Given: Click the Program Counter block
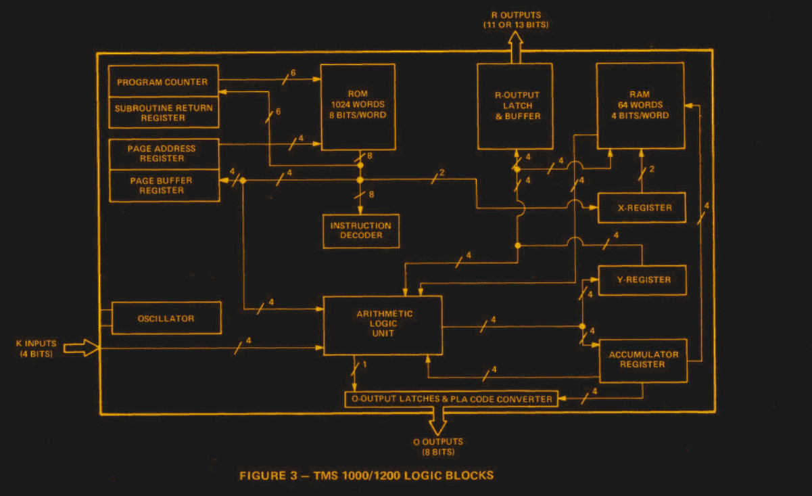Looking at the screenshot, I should [163, 81].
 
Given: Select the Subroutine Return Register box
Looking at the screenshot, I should [163, 112].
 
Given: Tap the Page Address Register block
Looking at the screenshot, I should [163, 153].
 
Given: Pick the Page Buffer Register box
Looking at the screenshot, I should [163, 185].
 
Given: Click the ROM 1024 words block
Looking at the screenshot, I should [358, 106].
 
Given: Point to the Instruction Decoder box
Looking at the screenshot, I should [360, 231].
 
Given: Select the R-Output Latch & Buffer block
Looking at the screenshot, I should [515, 106].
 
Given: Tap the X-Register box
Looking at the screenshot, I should [642, 208].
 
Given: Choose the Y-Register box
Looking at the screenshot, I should [642, 279].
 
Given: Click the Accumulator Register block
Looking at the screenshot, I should [643, 359].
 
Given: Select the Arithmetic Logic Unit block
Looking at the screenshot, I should [383, 326].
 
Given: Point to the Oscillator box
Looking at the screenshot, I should [166, 318].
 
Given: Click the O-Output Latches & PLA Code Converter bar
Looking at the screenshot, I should [452, 399].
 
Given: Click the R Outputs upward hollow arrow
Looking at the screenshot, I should [515, 47].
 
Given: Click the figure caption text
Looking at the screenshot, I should [366, 475].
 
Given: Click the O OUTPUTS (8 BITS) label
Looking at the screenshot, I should [437, 447].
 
